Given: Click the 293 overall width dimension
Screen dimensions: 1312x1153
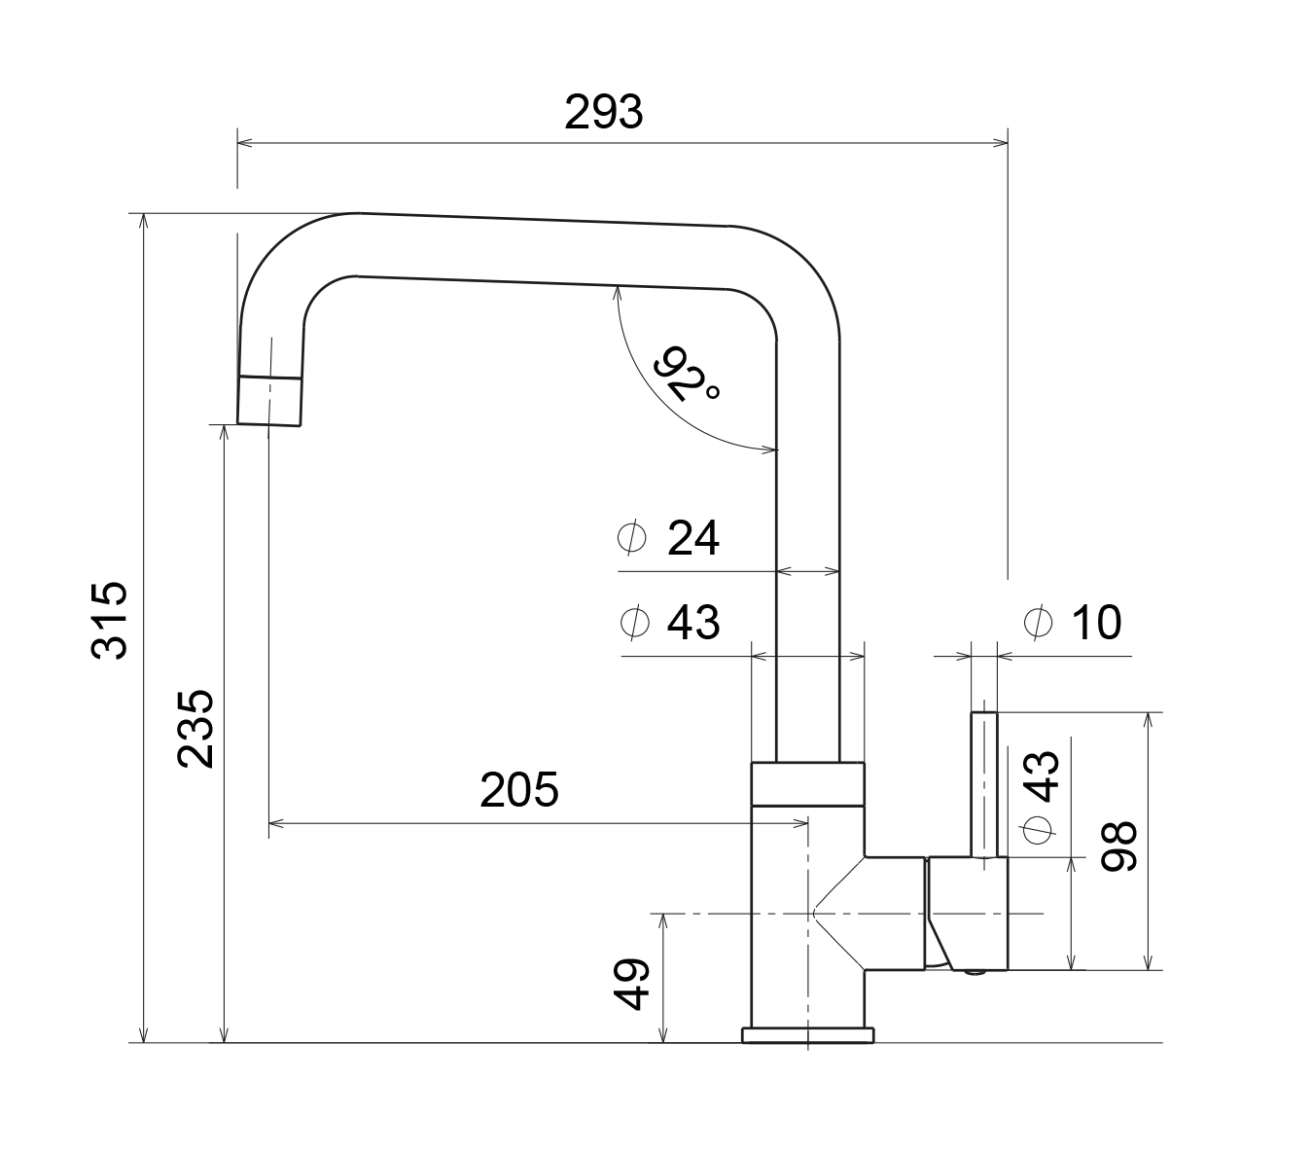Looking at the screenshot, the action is [x=603, y=112].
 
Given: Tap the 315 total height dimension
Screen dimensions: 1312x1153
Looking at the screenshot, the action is [x=109, y=621].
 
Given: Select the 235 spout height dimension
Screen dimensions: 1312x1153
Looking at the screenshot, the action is [x=195, y=730].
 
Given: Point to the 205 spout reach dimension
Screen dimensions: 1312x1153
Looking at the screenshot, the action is [x=518, y=790].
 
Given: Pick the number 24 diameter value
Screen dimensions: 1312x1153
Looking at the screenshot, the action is [x=692, y=538].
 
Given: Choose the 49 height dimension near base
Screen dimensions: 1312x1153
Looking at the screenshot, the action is [x=631, y=984].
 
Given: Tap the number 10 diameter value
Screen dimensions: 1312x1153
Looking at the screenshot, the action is [x=1096, y=623].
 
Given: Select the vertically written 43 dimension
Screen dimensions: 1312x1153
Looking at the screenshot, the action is [x=1040, y=776].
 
